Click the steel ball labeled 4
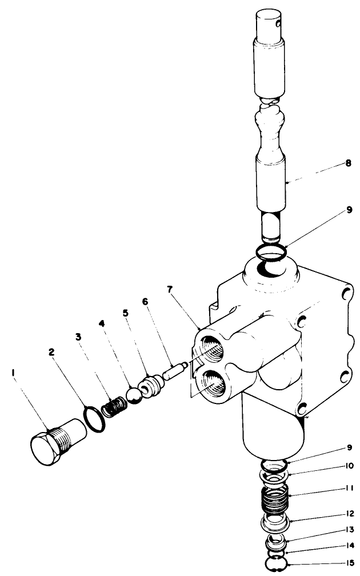[135, 396]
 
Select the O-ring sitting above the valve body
[270, 251]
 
